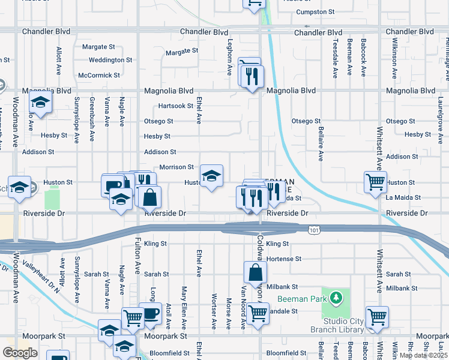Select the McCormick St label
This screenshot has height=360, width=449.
[x=99, y=76]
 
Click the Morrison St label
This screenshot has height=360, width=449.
[x=176, y=167]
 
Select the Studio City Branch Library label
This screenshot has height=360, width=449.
[x=337, y=325]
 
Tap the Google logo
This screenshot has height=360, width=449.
[x=20, y=352]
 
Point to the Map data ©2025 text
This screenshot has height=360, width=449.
[x=423, y=355]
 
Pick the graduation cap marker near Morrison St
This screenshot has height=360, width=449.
[x=211, y=175]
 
